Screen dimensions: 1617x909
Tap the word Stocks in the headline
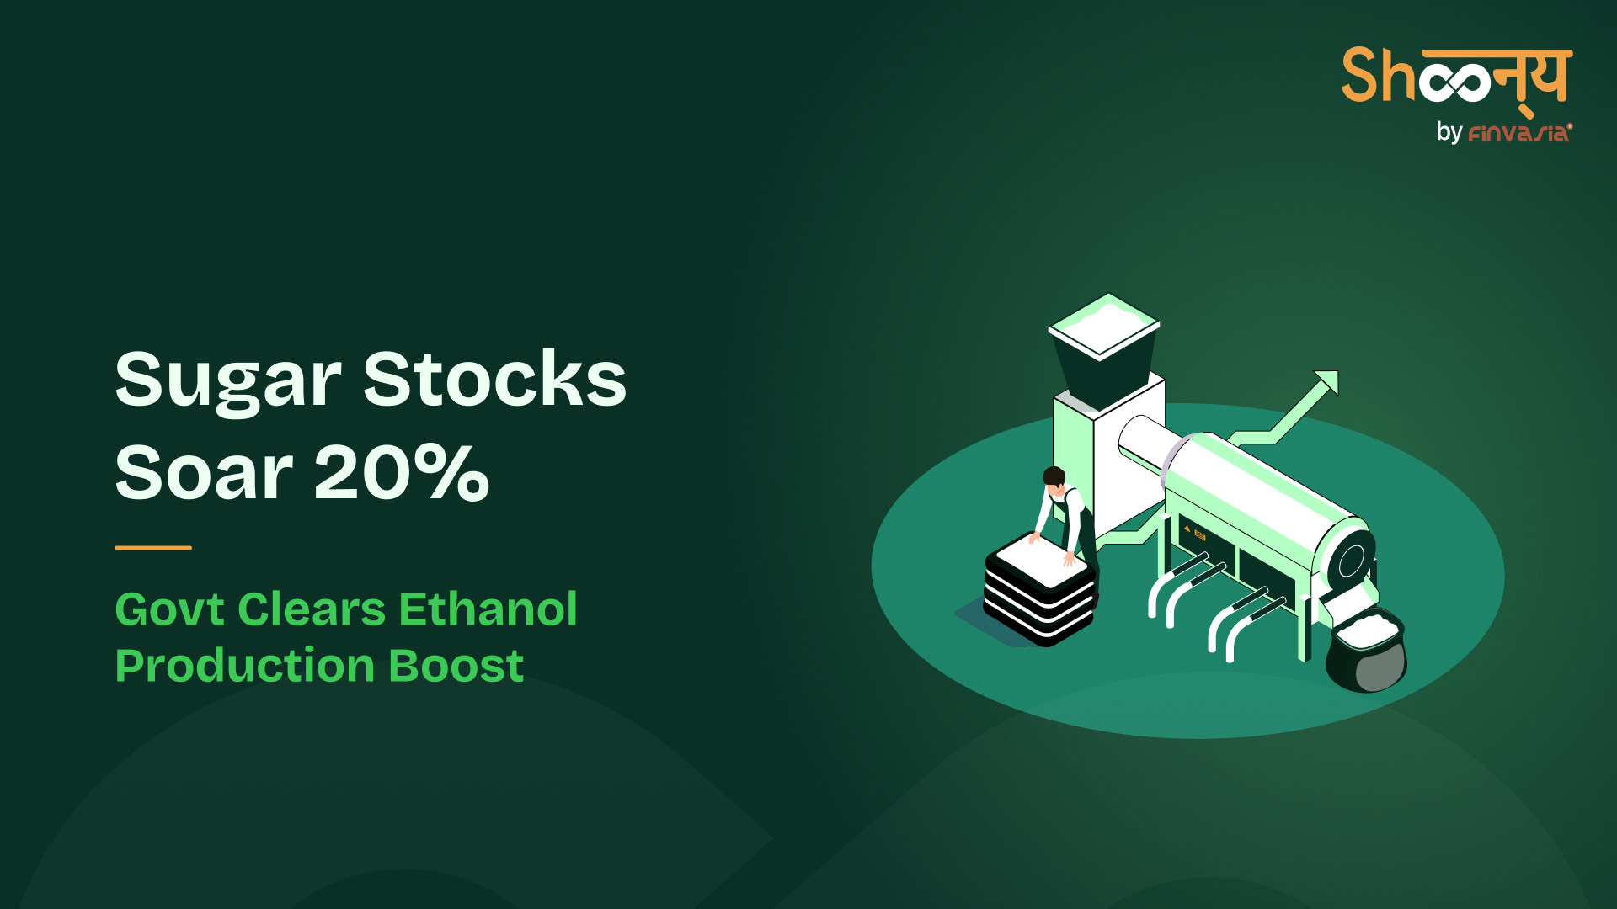click(495, 379)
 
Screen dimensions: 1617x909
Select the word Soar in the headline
click(204, 472)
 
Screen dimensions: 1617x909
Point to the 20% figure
click(402, 472)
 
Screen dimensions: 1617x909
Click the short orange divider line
click(153, 547)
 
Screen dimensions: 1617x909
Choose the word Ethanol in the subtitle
click(488, 609)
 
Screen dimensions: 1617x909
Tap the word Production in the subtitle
click(245, 667)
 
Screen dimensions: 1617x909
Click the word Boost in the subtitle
click(456, 666)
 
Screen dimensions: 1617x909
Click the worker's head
click(1054, 478)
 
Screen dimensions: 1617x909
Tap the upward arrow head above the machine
click(1326, 382)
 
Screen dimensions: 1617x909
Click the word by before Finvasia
click(1449, 132)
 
